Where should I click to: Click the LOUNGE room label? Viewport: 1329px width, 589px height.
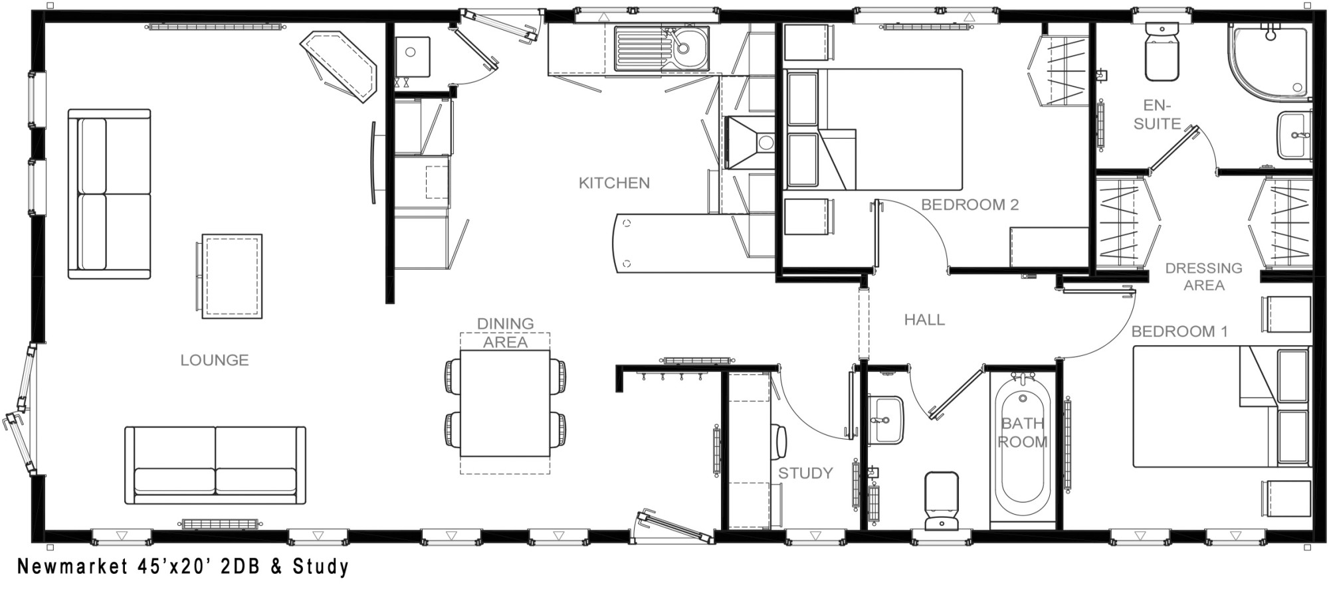215,360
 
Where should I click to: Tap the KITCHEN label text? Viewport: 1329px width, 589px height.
614,183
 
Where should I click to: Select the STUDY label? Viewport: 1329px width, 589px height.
805,473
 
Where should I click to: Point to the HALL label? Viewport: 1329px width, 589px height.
924,320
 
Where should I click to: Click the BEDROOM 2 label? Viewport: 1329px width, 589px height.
970,205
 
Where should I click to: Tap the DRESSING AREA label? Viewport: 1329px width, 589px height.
1203,277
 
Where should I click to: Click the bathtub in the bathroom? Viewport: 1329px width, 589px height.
1022,446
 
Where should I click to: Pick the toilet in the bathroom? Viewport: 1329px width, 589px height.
941,499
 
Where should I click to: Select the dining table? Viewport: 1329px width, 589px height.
505,403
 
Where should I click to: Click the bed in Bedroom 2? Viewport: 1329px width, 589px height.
874,129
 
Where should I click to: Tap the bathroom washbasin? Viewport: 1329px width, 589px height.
885,420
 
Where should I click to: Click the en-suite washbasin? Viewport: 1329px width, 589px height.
1294,135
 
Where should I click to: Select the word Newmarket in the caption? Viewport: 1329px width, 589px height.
71,566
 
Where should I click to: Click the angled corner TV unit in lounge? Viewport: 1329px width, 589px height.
339,67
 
